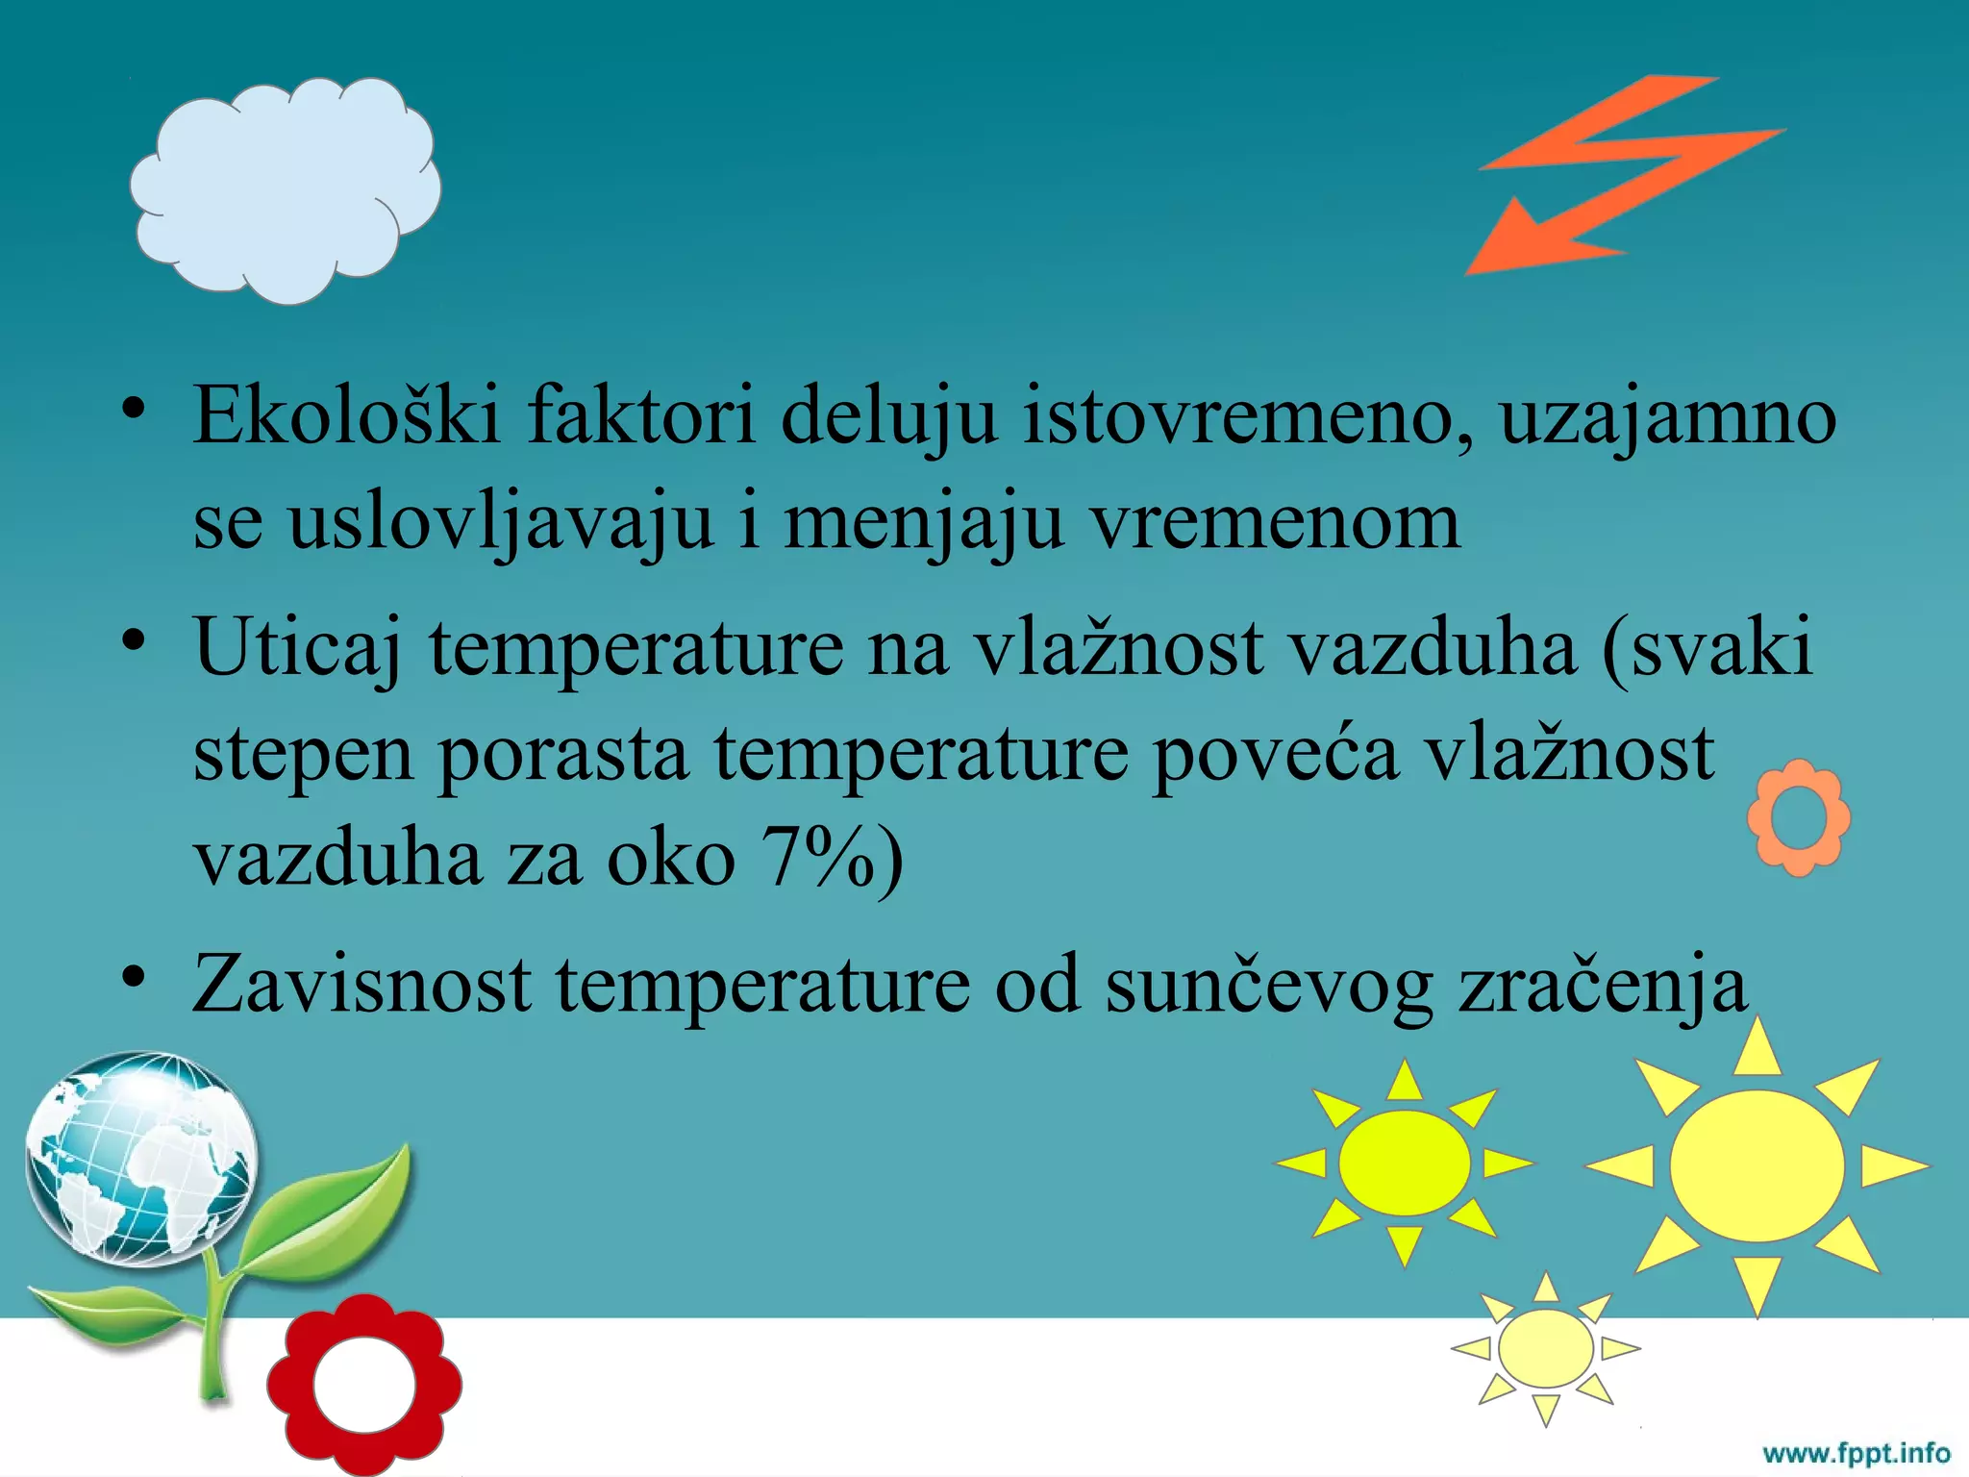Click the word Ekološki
pyautogui.click(x=346, y=415)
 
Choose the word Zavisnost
pyautogui.click(x=361, y=983)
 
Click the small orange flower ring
pyautogui.click(x=1798, y=817)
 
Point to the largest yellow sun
pyautogui.click(x=1757, y=1165)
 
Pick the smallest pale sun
pyautogui.click(x=1545, y=1348)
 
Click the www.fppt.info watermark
pyautogui.click(x=1856, y=1452)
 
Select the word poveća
pyautogui.click(x=1275, y=753)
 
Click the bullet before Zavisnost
pyautogui.click(x=134, y=977)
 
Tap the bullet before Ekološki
pyautogui.click(x=134, y=408)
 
